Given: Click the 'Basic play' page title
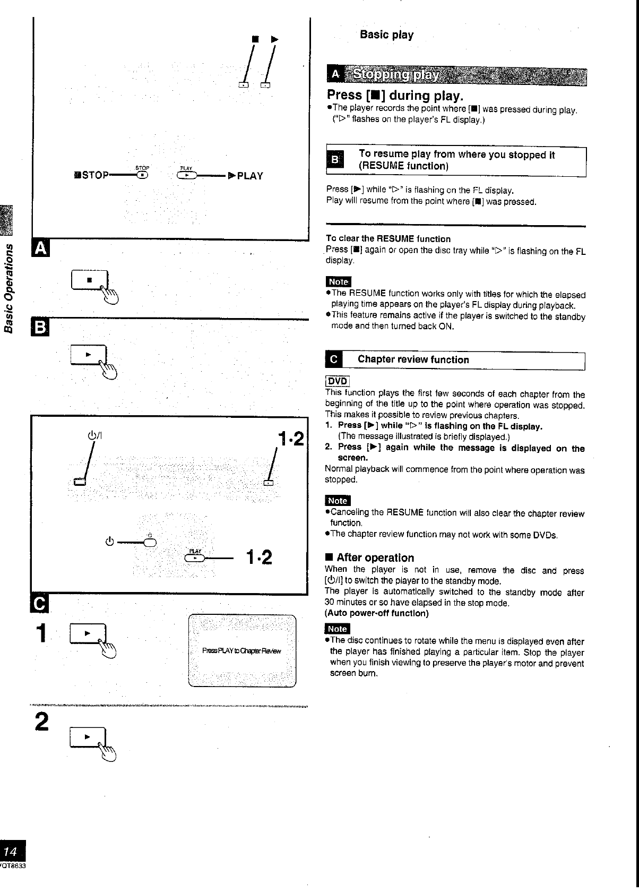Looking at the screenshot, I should click(x=386, y=35).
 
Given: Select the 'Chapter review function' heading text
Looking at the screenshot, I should click(x=413, y=359).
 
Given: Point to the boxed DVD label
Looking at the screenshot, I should click(x=337, y=381).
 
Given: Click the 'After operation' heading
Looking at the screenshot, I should click(x=375, y=557).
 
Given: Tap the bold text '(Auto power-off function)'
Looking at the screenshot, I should click(x=376, y=613).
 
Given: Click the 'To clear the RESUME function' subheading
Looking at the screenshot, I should click(x=388, y=239).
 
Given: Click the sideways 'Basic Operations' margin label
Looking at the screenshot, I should click(x=8, y=287).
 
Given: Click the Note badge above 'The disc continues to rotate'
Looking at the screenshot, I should click(x=338, y=629).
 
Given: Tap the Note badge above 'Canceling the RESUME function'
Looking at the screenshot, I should click(x=338, y=501).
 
